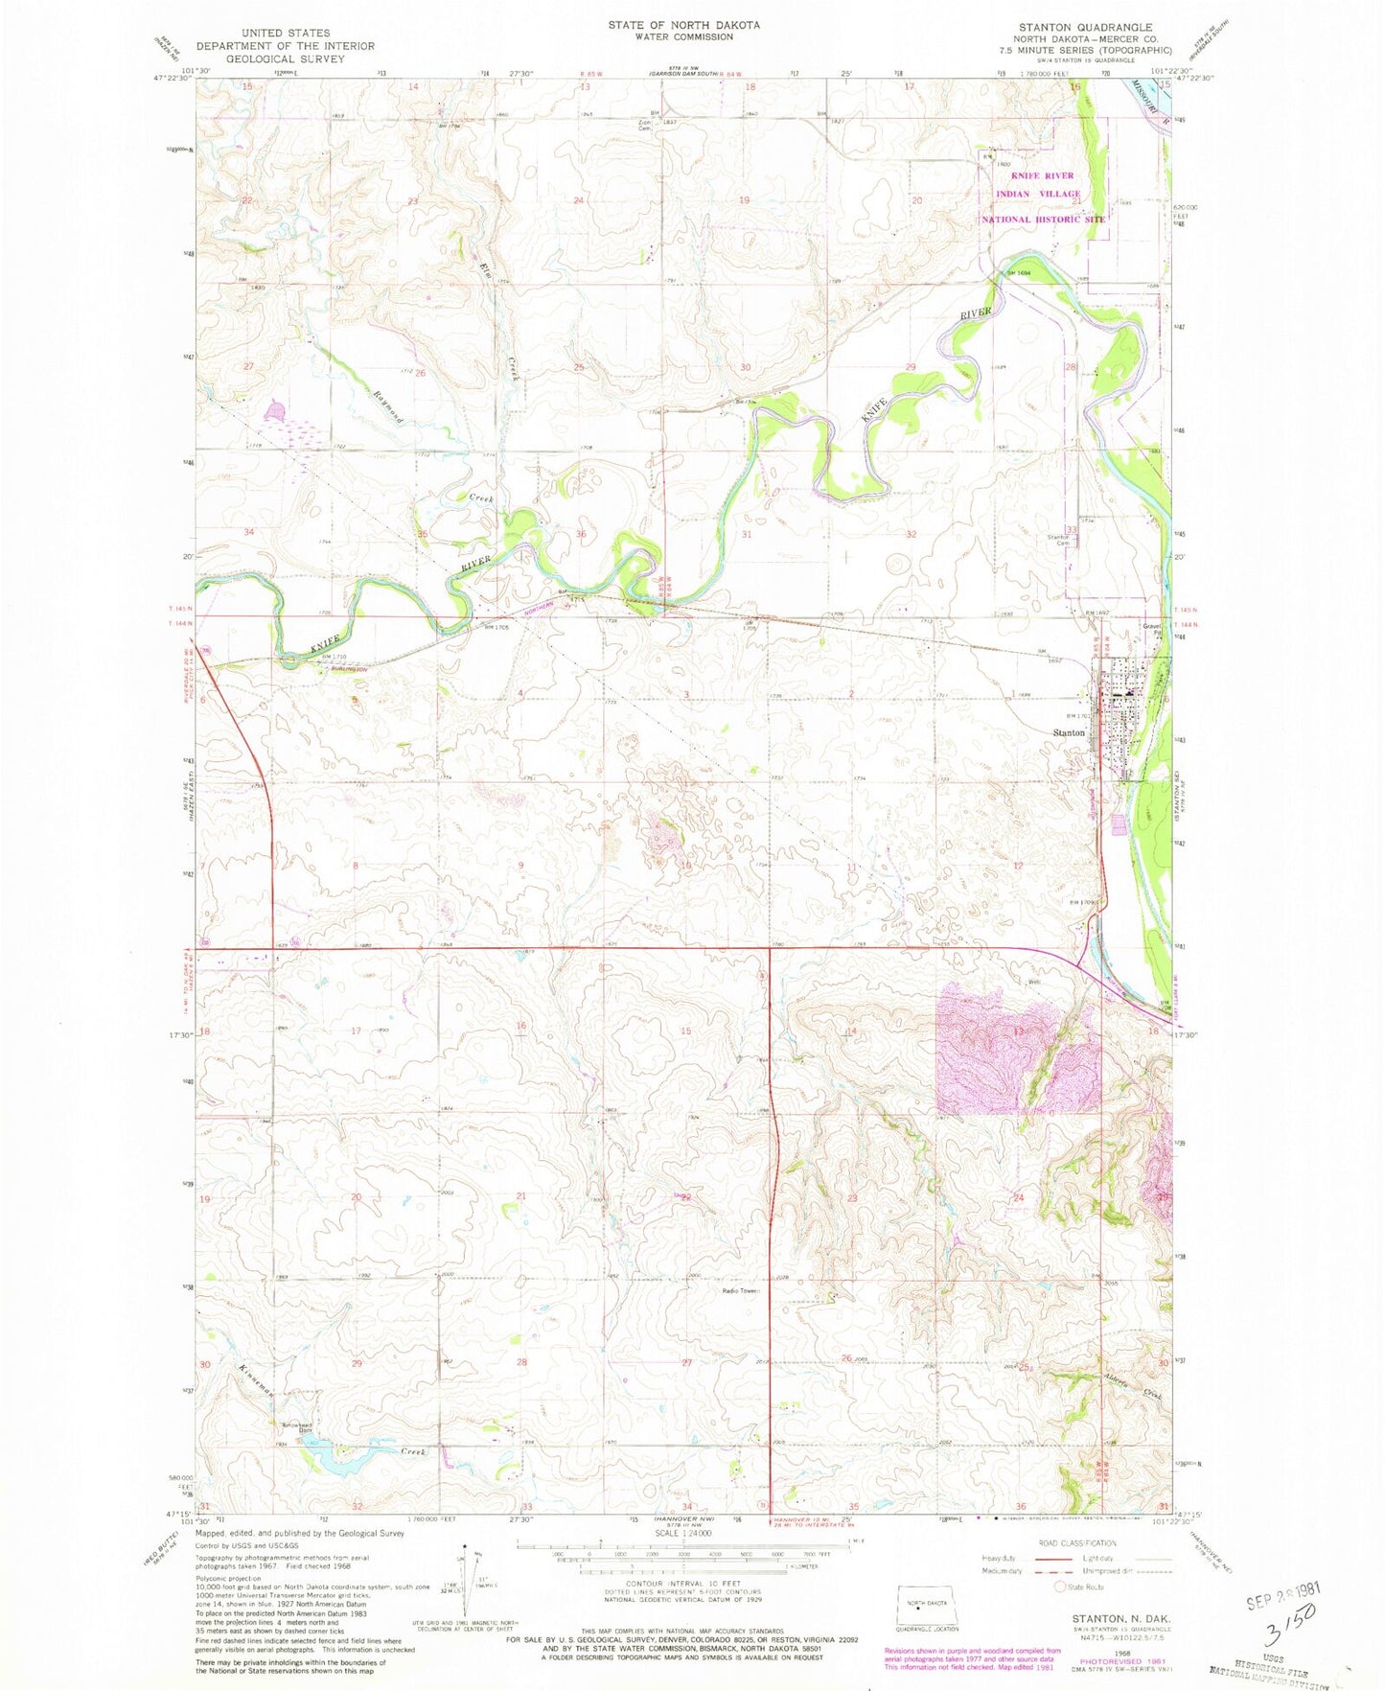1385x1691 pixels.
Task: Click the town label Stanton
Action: pos(1068,732)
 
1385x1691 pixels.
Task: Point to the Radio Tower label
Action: pos(740,1291)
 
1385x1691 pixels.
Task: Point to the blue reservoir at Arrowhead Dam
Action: pos(331,1457)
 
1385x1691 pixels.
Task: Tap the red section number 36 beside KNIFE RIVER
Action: pos(581,534)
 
